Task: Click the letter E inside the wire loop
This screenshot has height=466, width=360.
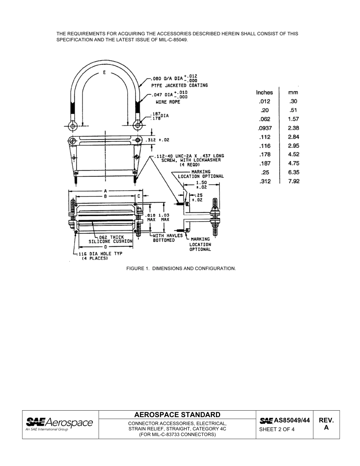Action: [x=104, y=73]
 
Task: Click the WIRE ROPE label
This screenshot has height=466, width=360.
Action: [x=168, y=102]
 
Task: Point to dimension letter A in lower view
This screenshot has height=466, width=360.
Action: [x=105, y=191]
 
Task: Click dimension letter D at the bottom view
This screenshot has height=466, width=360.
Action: [x=105, y=247]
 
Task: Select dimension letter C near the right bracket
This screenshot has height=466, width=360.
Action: [x=139, y=196]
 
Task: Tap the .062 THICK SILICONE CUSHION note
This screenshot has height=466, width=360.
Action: [x=110, y=239]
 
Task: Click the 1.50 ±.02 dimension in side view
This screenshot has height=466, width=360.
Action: [x=202, y=185]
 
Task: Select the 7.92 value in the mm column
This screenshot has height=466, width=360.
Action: [x=293, y=181]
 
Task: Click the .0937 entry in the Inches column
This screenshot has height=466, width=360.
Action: [x=265, y=128]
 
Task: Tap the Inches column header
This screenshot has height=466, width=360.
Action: [x=264, y=92]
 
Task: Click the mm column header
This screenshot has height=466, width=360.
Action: [x=293, y=92]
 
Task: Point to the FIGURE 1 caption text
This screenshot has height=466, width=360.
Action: [x=181, y=268]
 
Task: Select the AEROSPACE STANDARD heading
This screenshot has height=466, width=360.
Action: [x=177, y=414]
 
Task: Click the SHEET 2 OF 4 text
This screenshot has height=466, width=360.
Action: [x=277, y=429]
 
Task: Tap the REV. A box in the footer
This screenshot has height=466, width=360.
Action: [x=326, y=424]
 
